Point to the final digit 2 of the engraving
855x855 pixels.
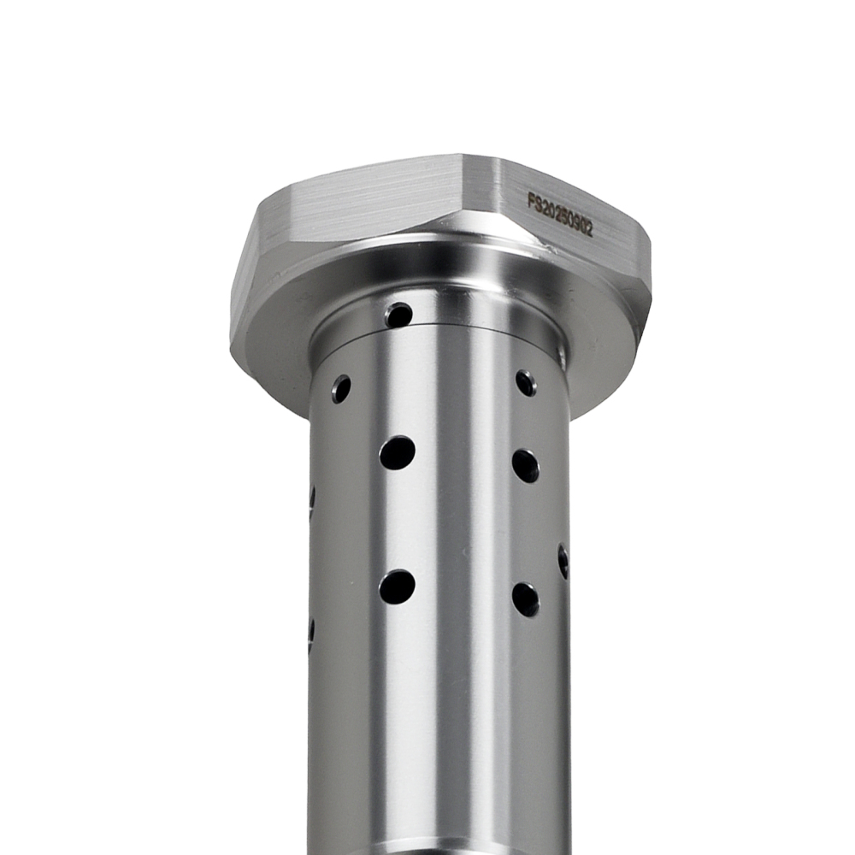tap(589, 230)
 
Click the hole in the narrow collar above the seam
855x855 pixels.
tap(398, 315)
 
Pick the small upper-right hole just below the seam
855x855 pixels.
tap(526, 382)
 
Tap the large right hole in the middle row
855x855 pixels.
tap(526, 466)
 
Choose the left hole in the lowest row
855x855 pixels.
tap(398, 587)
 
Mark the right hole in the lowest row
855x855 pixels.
tap(526, 598)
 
